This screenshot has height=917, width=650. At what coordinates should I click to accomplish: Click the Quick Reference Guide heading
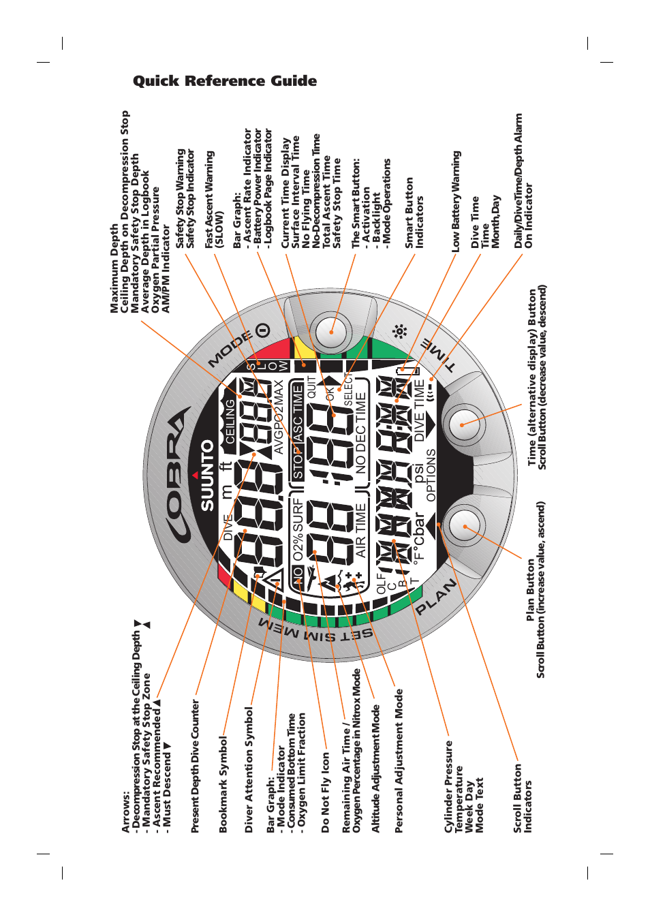pos(225,81)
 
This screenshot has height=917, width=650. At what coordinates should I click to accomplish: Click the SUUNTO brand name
pos(207,475)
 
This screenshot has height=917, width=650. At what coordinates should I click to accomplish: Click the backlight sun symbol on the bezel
pos(399,332)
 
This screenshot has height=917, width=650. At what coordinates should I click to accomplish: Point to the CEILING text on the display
pos(230,421)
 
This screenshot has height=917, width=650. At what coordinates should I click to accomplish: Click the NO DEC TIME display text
pos(360,433)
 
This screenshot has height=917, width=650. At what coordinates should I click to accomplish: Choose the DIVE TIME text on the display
pos(420,409)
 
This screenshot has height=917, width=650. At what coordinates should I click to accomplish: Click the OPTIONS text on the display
pos(431,475)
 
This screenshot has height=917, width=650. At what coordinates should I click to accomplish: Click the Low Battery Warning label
pos(456,202)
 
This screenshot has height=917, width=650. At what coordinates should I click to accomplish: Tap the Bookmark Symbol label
pos(223,784)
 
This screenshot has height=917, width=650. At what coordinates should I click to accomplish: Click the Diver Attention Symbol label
pos(249,770)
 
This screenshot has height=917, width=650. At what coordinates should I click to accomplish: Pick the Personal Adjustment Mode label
pos(399,761)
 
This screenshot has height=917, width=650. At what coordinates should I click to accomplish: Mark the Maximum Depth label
pos(114,270)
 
